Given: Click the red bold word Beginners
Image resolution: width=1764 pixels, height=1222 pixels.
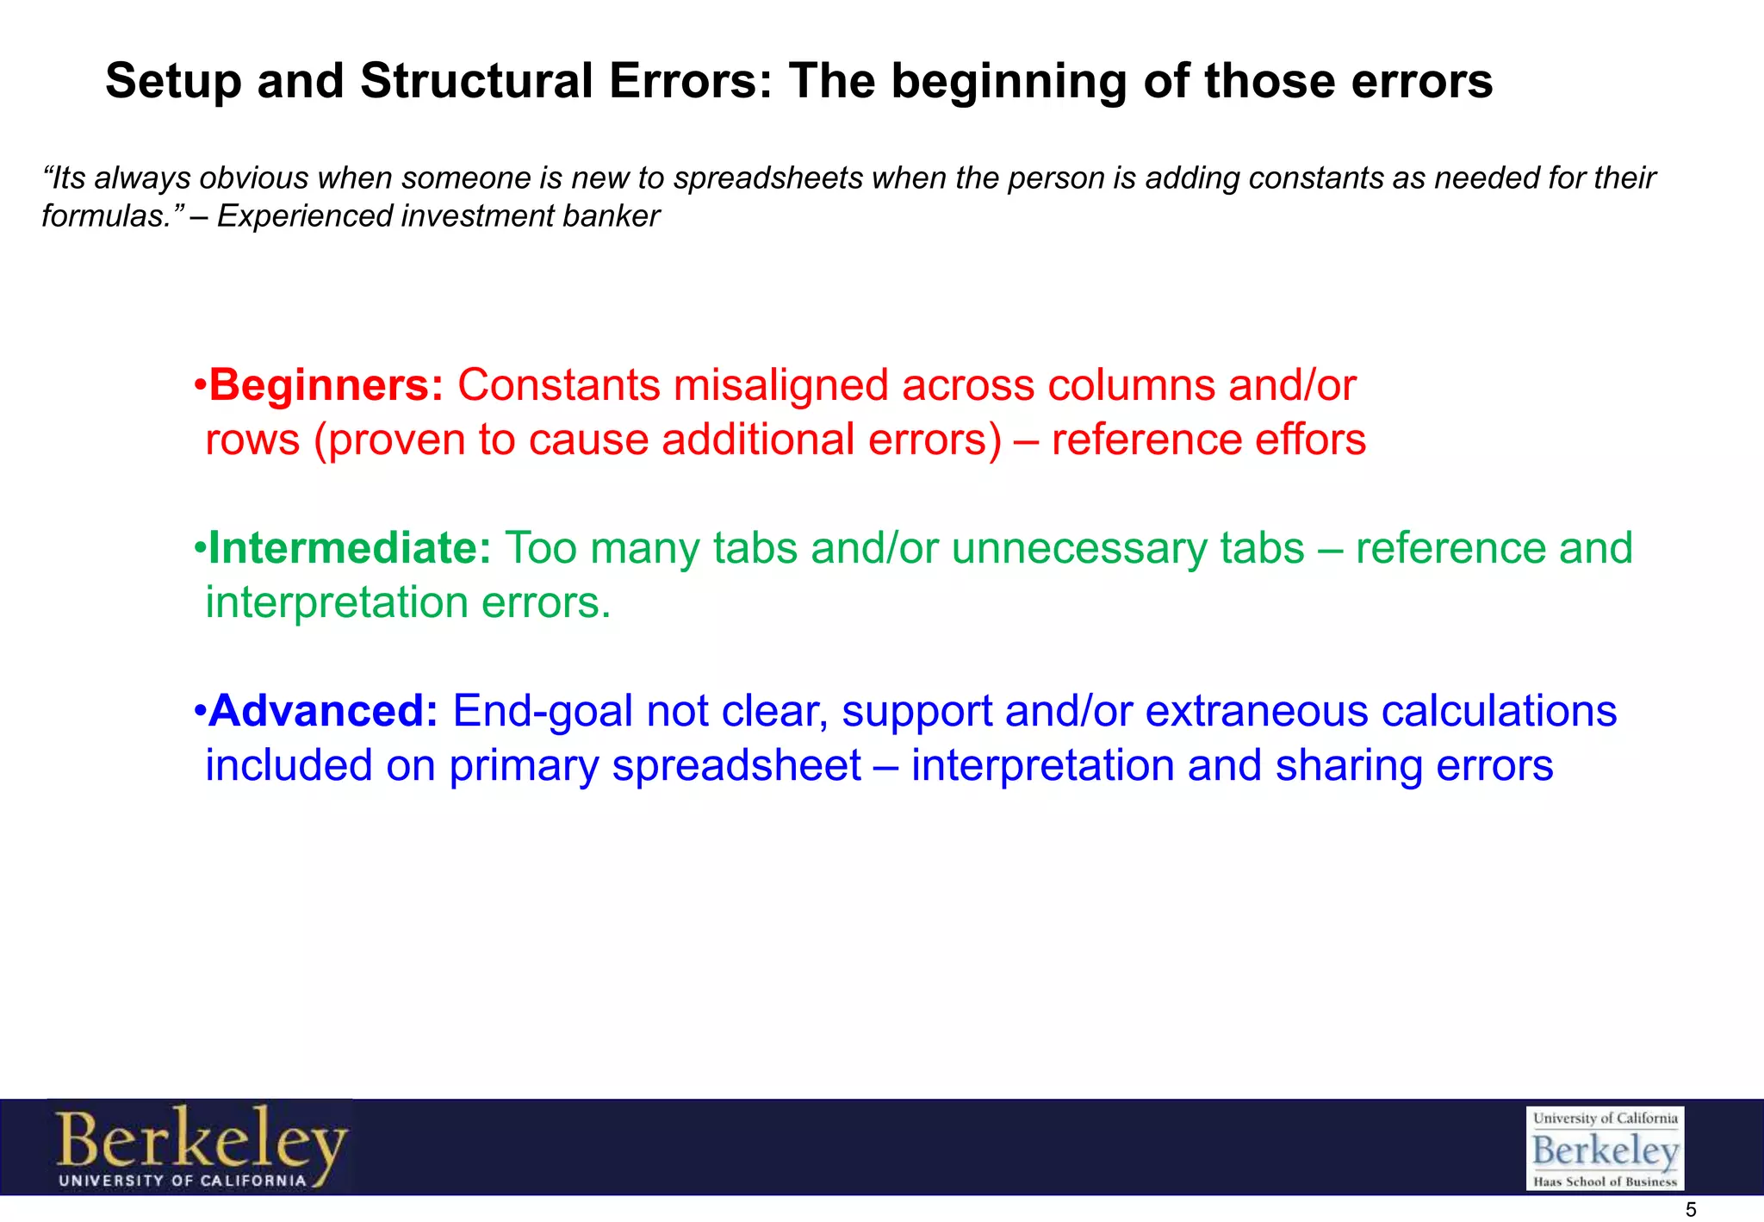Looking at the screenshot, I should pyautogui.click(x=326, y=385).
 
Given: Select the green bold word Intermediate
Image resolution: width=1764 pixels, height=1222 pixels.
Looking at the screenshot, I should pyautogui.click(x=350, y=548).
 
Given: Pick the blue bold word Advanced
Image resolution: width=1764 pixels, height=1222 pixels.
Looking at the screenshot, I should pyautogui.click(x=324, y=711).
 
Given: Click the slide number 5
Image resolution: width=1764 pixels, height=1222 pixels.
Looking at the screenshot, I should pyautogui.click(x=1690, y=1210).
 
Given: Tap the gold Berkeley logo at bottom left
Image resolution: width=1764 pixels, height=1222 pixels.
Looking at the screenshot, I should pyautogui.click(x=201, y=1147).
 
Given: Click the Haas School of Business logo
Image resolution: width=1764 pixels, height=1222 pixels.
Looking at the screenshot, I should pyautogui.click(x=1605, y=1149).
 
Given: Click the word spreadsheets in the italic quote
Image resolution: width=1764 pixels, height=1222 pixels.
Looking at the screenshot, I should pyautogui.click(x=768, y=178).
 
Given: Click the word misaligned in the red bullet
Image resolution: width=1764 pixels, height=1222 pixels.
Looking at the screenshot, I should pyautogui.click(x=780, y=385).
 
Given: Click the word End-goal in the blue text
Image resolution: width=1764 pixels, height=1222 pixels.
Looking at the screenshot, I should pyautogui.click(x=543, y=711).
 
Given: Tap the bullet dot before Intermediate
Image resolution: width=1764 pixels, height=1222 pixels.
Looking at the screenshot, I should pyautogui.click(x=199, y=548).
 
